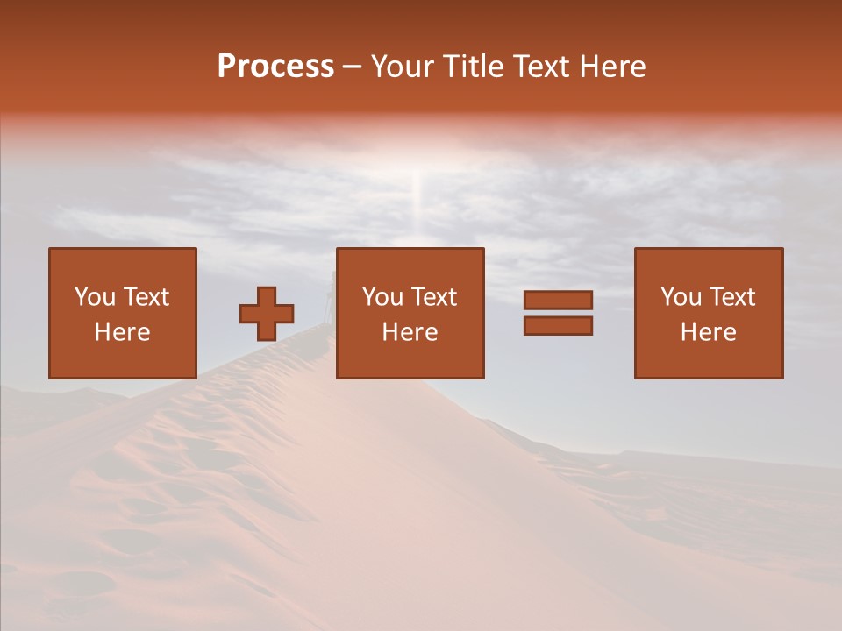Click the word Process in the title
pyautogui.click(x=275, y=66)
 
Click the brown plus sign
pyautogui.click(x=267, y=313)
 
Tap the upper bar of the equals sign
pyautogui.click(x=558, y=300)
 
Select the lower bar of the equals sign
pyautogui.click(x=558, y=325)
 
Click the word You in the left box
pyautogui.click(x=95, y=296)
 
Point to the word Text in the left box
pyautogui.click(x=146, y=296)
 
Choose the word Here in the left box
pyautogui.click(x=122, y=332)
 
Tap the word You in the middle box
pyautogui.click(x=382, y=296)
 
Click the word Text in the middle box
pyautogui.click(x=433, y=296)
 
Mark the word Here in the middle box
pyautogui.click(x=410, y=332)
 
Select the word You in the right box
pyautogui.click(x=681, y=296)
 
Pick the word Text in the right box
pyautogui.click(x=731, y=296)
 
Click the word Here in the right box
pyautogui.click(x=708, y=332)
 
